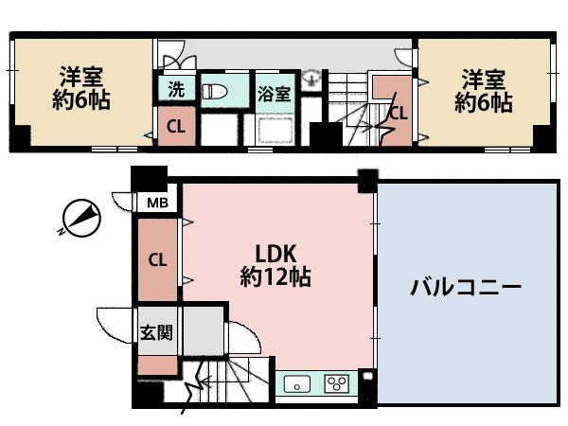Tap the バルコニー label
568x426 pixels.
coord(466,287)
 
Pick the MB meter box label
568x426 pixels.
coord(154,203)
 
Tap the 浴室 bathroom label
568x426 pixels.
coord(275,93)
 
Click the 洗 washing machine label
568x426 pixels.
coord(176,90)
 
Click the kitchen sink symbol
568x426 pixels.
coord(298,384)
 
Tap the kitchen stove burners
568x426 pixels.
coord(336,383)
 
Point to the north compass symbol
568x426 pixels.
coord(79,219)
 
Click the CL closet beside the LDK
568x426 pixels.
coord(157,258)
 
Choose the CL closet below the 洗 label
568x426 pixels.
coord(176,125)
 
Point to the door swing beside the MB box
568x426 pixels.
coord(124,202)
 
